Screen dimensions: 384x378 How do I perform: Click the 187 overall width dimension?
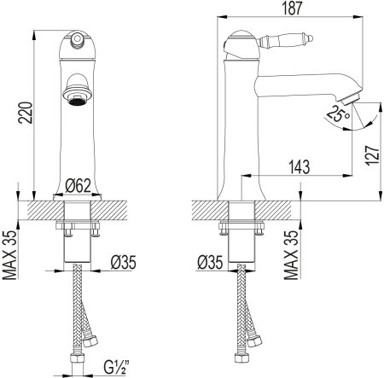[x=292, y=8]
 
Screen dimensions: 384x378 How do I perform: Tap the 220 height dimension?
[x=26, y=113]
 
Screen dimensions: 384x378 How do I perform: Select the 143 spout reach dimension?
[x=300, y=167]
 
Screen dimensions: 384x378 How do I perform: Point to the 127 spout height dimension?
[x=373, y=155]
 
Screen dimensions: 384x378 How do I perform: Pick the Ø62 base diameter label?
[x=78, y=186]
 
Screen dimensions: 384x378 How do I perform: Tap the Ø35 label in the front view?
[x=124, y=262]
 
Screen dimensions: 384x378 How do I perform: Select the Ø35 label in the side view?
[x=210, y=262]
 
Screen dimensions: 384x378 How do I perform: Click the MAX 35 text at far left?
[x=10, y=255]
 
